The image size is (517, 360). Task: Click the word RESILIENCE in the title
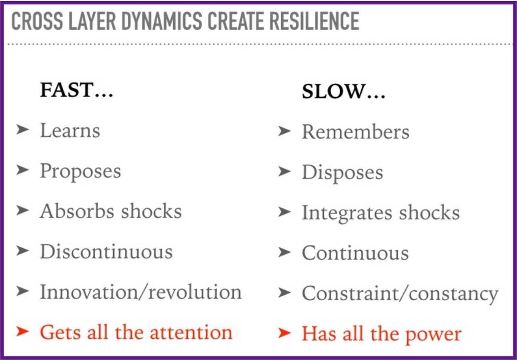[x=315, y=21]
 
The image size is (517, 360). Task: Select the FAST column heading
[x=76, y=90]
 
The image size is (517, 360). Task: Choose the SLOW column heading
[x=343, y=91]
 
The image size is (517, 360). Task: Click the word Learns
[x=70, y=130]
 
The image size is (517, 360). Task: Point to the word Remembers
[x=356, y=131]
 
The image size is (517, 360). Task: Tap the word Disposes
[x=343, y=173]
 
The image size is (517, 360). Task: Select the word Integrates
[x=347, y=213]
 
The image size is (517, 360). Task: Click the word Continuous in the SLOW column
[x=355, y=253]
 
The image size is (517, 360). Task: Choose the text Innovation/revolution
[x=141, y=292]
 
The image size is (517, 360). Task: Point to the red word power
[x=433, y=335]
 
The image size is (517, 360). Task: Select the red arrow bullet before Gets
[x=23, y=332]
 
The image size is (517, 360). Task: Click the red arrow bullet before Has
[x=285, y=333]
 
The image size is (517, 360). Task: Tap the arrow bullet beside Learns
[x=23, y=130]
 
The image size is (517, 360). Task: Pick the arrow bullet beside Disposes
[x=285, y=171]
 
